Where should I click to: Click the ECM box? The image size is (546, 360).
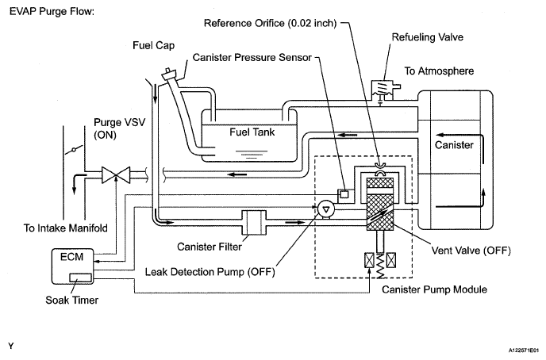pyautogui.click(x=72, y=266)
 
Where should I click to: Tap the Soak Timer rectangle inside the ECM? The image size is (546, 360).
pyautogui.click(x=80, y=278)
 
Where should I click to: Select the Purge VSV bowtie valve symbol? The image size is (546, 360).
pyautogui.click(x=116, y=175)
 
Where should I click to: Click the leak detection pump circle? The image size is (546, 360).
pyautogui.click(x=326, y=209)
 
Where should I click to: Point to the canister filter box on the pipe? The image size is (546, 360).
pyautogui.click(x=254, y=222)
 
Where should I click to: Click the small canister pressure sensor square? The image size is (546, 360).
pyautogui.click(x=344, y=193)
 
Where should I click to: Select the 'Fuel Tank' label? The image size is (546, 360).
pyautogui.click(x=252, y=132)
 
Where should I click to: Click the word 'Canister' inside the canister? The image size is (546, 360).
pyautogui.click(x=454, y=144)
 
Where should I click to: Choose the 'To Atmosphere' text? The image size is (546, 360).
pyautogui.click(x=439, y=71)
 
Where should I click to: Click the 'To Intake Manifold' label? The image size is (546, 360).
pyautogui.click(x=65, y=228)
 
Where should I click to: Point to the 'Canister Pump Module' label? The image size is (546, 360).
pyautogui.click(x=434, y=289)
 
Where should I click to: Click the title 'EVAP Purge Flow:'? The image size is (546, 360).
pyautogui.click(x=52, y=11)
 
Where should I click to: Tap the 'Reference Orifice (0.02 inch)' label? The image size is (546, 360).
pyautogui.click(x=270, y=23)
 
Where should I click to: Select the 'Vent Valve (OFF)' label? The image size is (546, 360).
pyautogui.click(x=471, y=251)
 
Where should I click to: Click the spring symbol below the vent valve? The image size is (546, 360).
pyautogui.click(x=380, y=266)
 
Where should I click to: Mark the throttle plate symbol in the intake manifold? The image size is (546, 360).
pyautogui.click(x=74, y=150)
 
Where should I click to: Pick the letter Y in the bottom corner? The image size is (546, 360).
pyautogui.click(x=11, y=346)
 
